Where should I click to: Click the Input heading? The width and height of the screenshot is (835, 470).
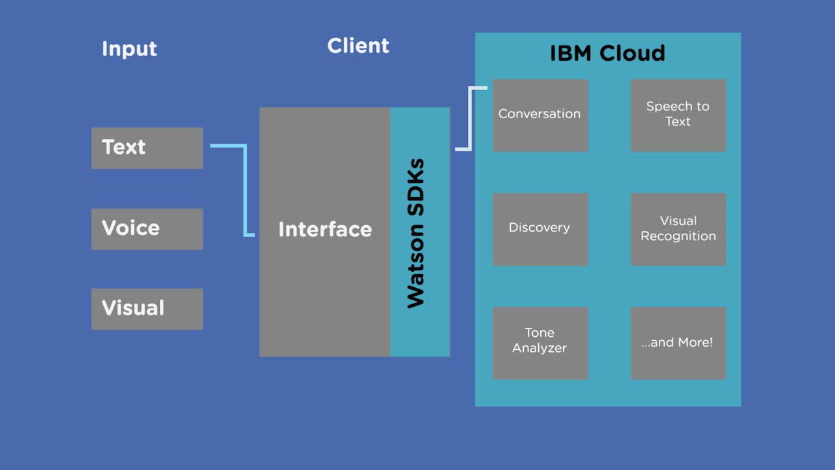point(129,49)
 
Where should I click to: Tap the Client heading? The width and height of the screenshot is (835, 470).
point(358,46)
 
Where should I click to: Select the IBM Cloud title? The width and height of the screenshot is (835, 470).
point(607,53)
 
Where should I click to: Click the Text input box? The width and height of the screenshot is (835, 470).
point(147,148)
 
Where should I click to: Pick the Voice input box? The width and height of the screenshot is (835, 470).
point(147,228)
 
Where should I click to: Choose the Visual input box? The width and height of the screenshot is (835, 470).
point(147,309)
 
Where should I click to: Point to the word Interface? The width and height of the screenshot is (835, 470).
point(325,230)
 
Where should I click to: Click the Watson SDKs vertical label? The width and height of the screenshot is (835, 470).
point(416,233)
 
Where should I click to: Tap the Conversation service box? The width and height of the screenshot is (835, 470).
point(540,115)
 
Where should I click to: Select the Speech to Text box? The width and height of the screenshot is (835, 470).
point(678,115)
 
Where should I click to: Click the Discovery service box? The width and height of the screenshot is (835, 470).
point(540,228)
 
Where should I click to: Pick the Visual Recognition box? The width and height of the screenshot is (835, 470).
point(678,228)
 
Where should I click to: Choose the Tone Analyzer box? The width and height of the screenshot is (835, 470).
point(540,342)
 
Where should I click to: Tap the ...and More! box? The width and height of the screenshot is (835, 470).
point(678,342)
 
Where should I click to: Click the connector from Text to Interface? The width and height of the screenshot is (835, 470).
point(245,189)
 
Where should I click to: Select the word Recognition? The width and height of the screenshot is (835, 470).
point(678,236)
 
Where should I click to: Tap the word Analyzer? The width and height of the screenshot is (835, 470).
point(539,349)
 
